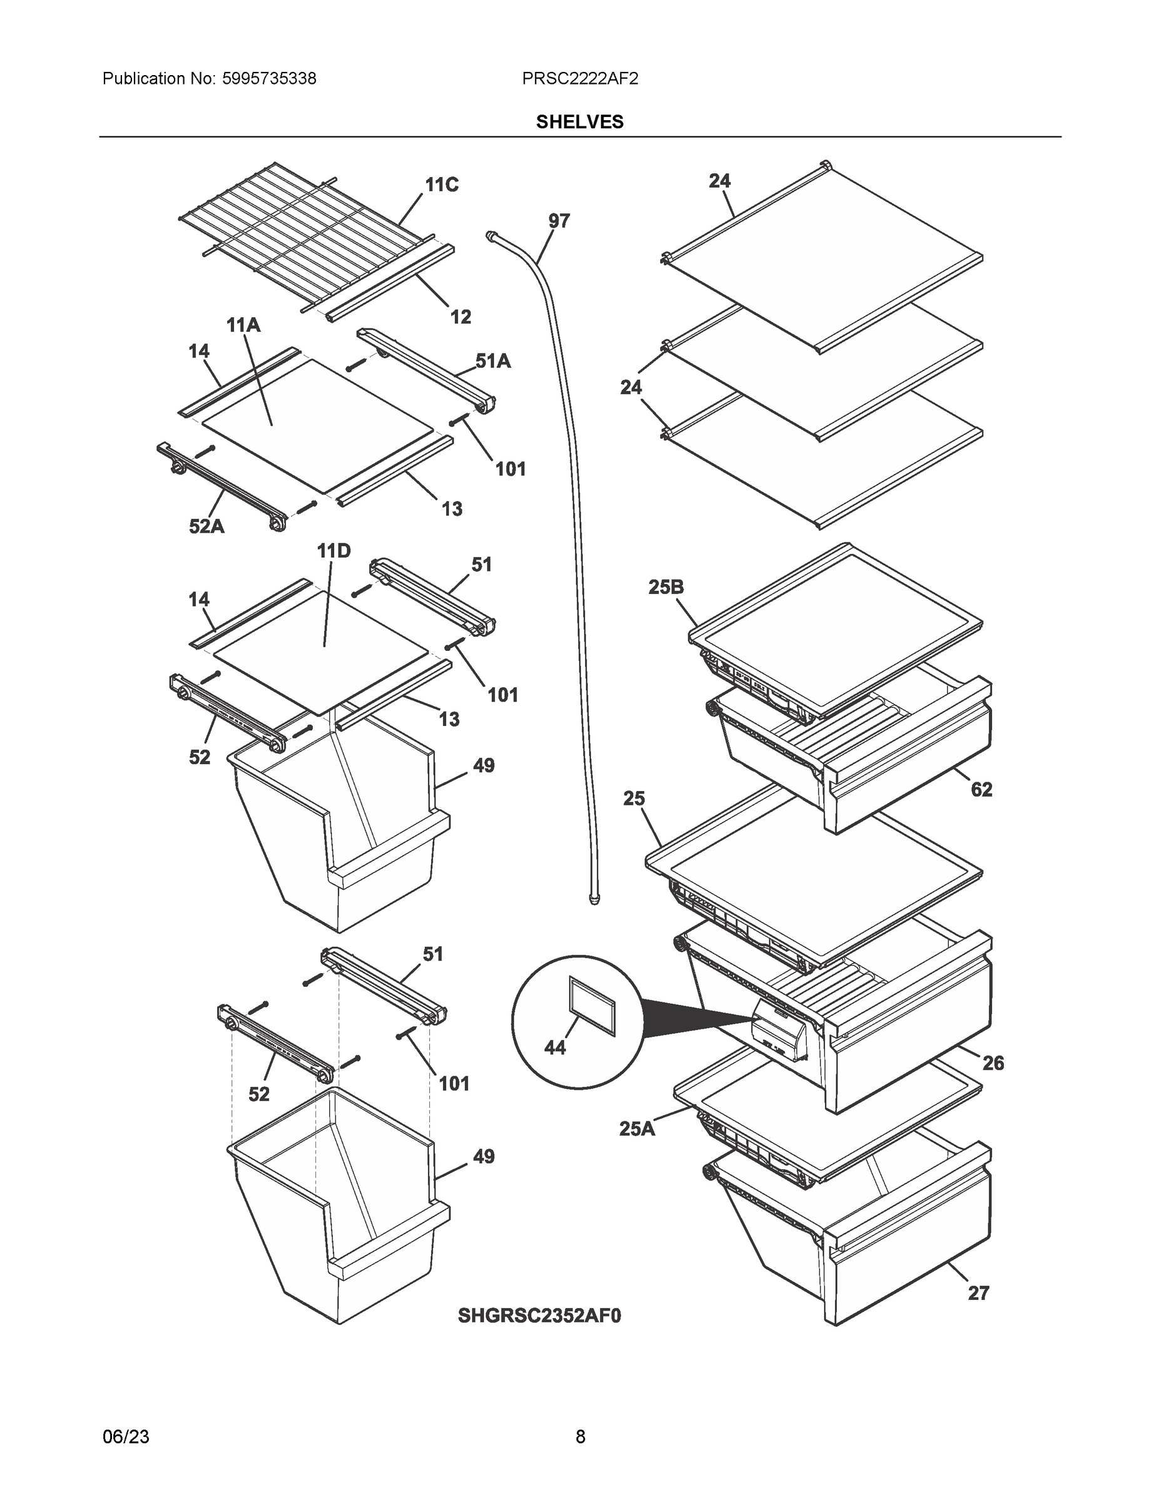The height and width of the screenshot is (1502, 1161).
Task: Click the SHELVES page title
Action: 579,122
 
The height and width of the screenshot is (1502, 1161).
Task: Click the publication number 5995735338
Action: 269,79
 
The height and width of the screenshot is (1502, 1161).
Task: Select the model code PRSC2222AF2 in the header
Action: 579,79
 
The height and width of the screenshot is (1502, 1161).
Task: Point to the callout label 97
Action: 558,221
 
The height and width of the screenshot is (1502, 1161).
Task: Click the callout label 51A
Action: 493,361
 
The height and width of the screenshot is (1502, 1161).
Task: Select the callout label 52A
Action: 207,527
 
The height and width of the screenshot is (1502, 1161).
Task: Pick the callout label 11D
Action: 334,551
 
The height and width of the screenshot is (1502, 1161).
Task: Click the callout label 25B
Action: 665,586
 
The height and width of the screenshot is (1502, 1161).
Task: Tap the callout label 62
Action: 981,790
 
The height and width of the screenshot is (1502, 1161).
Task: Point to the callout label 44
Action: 555,1048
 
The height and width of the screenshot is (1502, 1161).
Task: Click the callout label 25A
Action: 637,1128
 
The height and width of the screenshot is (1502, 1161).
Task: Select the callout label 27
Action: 978,1293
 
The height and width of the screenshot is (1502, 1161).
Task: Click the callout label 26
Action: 993,1063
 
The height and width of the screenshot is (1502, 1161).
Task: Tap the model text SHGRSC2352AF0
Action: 540,1316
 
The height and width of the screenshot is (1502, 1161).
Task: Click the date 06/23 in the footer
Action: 126,1437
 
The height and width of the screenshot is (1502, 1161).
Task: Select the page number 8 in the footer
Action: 580,1437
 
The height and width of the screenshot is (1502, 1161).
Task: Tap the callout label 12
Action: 460,317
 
